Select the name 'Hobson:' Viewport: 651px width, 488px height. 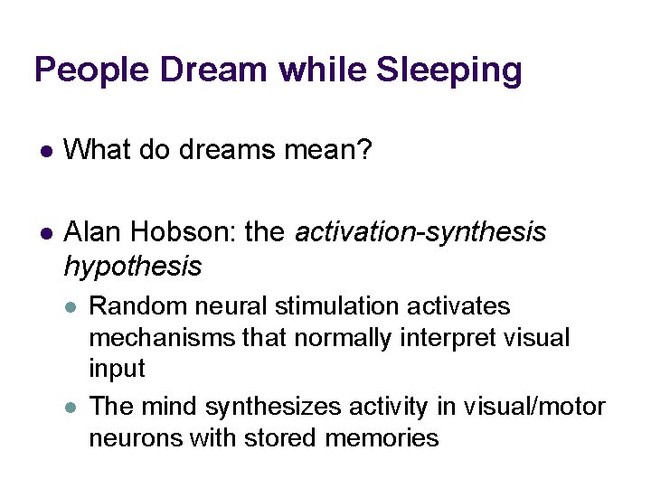pyautogui.click(x=186, y=233)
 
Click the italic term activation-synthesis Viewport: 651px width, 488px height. pyautogui.click(x=420, y=233)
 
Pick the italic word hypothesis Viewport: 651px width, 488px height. pyautogui.click(x=133, y=266)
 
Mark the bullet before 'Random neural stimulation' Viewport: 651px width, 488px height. pyautogui.click(x=71, y=307)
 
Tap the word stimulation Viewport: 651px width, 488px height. pyautogui.click(x=342, y=307)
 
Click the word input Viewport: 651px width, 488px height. pyautogui.click(x=117, y=369)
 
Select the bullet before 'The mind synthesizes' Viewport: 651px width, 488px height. pyautogui.click(x=71, y=408)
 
